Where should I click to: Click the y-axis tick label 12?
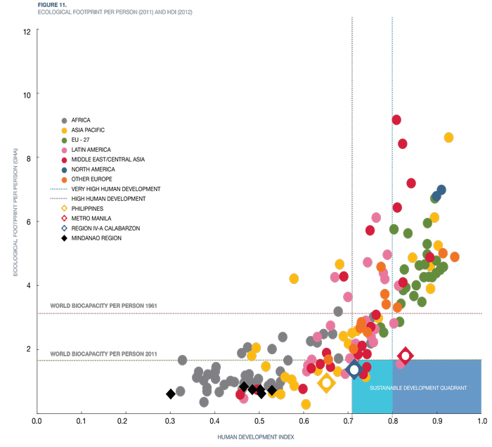26,32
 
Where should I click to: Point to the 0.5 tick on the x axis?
259,422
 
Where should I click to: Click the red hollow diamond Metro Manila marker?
405,356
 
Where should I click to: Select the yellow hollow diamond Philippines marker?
326,383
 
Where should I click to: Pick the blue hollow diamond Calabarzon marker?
354,369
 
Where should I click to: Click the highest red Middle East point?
396,120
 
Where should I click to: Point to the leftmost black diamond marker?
170,394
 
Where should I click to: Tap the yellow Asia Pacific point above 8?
448,138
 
